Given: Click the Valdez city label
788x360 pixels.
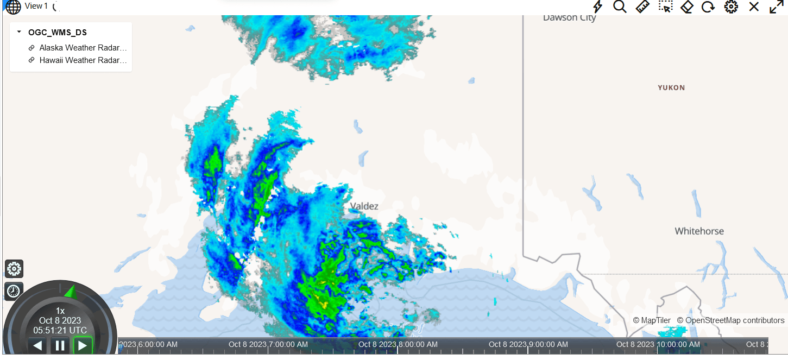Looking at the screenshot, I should click(364, 206).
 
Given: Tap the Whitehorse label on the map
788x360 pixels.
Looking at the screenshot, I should click(699, 231).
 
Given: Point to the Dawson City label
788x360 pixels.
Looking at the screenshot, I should click(569, 18).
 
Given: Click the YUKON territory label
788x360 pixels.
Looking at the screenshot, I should click(671, 87).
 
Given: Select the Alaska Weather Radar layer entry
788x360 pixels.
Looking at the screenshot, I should click(83, 48).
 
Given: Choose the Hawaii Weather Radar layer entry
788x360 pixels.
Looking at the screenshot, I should click(83, 60).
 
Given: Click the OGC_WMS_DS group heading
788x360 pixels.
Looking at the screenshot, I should click(57, 33).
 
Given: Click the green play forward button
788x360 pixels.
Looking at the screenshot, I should click(83, 345).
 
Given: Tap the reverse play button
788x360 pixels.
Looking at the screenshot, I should click(37, 345).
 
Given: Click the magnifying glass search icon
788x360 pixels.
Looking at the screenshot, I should click(620, 7).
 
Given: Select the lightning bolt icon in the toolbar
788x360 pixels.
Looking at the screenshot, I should click(597, 7).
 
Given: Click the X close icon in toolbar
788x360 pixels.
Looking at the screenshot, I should click(754, 7).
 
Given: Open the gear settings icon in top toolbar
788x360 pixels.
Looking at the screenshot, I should click(731, 7).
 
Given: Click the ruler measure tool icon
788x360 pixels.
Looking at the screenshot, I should click(642, 7).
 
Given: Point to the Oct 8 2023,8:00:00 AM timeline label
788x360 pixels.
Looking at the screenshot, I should click(398, 344).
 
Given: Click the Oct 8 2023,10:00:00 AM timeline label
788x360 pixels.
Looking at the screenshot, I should click(658, 344).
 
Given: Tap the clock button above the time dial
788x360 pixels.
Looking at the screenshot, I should click(14, 291).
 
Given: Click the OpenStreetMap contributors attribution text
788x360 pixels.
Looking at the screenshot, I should click(730, 320).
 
